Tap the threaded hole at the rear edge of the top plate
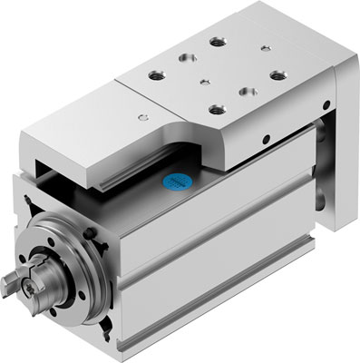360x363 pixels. click(215, 42)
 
